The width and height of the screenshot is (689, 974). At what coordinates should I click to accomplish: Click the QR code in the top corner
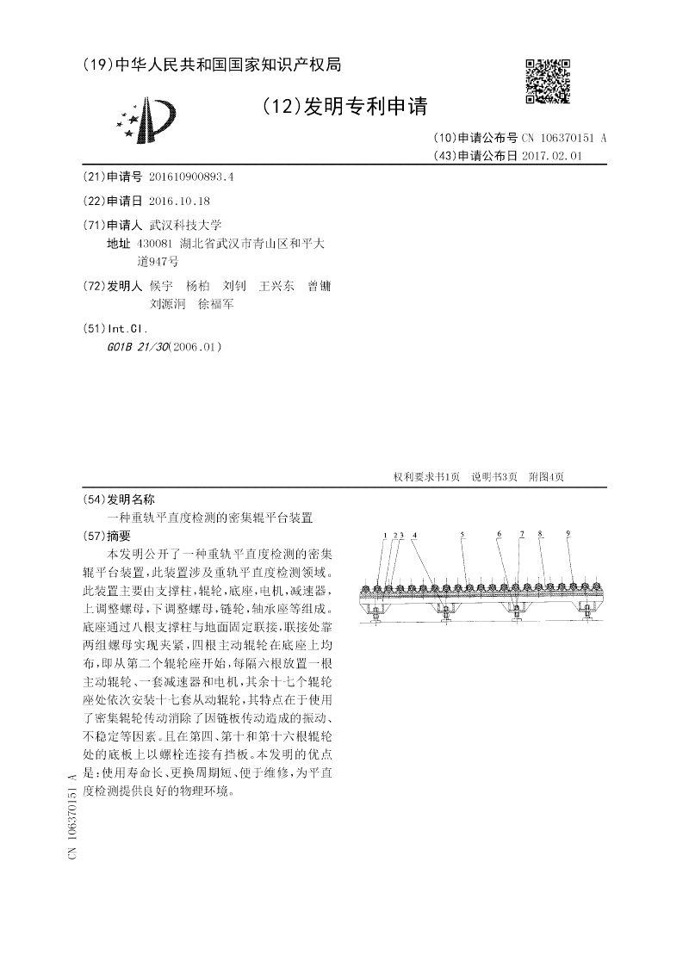pos(548,82)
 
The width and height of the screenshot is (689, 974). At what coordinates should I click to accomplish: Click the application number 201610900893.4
pos(191,177)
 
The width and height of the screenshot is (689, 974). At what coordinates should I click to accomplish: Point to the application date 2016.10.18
pos(179,201)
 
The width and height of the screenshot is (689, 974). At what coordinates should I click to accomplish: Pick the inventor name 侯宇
pos(161,286)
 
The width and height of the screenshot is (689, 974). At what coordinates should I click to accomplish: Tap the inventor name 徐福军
pos(216,303)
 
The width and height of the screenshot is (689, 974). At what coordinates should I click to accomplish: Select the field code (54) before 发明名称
pos(93,499)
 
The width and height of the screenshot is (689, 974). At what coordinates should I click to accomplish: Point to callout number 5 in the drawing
pos(462,535)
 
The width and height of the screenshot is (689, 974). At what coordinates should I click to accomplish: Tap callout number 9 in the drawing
pos(568,535)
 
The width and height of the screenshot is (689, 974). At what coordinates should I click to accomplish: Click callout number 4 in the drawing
pos(414,535)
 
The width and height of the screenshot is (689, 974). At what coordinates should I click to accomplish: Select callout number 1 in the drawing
pos(385,535)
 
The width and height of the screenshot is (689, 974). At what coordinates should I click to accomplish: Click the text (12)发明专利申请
pos(345,107)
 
